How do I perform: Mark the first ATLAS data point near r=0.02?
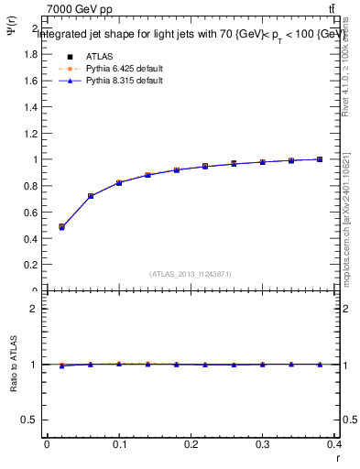pos(61,226)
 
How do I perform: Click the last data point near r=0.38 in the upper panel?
pos(320,159)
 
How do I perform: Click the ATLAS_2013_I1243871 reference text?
pos(191,274)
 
